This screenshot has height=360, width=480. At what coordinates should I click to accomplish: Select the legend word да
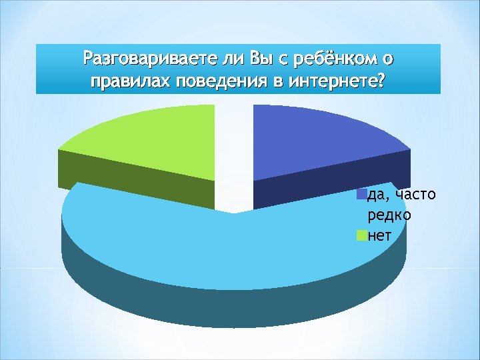pyautogui.click(x=377, y=195)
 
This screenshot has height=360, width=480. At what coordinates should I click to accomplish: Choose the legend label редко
pyautogui.click(x=389, y=215)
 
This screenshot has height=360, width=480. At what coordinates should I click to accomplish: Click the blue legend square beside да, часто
pyautogui.click(x=362, y=195)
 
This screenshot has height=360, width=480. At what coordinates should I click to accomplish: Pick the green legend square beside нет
pyautogui.click(x=362, y=235)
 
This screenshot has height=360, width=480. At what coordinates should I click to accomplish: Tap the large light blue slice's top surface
pyautogui.click(x=220, y=247)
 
